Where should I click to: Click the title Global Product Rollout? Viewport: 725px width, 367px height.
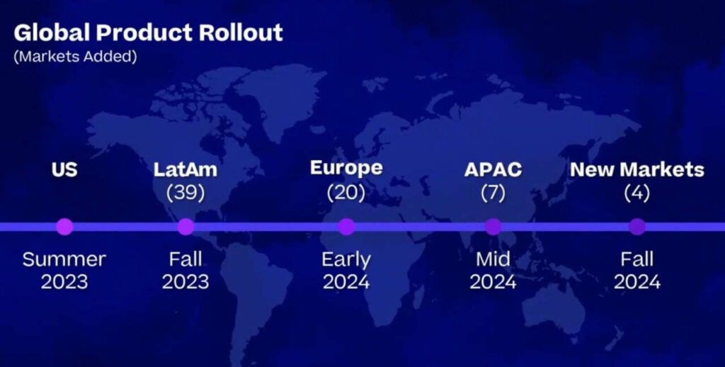[x=149, y=33]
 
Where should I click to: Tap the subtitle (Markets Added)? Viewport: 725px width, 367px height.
[x=75, y=57]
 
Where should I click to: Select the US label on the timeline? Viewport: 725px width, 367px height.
[x=64, y=169]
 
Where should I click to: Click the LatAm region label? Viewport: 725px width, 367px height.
[x=185, y=169]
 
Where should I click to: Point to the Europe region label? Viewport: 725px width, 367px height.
[x=346, y=168]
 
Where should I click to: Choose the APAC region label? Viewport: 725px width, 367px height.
[x=493, y=169]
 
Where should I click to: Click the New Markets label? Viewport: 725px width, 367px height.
[x=637, y=169]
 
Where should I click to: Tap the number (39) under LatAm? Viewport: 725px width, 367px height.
[x=185, y=193]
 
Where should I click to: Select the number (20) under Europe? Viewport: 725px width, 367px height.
[x=346, y=193]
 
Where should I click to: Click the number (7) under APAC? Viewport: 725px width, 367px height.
[x=493, y=193]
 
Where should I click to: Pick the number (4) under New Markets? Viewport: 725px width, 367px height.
[x=637, y=193]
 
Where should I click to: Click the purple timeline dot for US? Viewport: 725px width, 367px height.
[x=64, y=227]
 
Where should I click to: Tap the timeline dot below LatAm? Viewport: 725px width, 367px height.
[x=186, y=227]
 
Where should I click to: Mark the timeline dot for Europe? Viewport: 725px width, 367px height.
[x=346, y=227]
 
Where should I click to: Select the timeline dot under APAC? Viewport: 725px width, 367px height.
[x=493, y=227]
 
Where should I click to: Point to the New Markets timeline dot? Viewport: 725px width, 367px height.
[x=637, y=227]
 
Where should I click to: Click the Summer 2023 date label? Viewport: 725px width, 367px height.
[x=64, y=270]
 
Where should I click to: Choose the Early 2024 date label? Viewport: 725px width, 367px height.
[x=346, y=271]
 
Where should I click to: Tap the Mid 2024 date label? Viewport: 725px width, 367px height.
[x=493, y=270]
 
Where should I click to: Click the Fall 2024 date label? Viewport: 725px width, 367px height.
[x=637, y=270]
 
